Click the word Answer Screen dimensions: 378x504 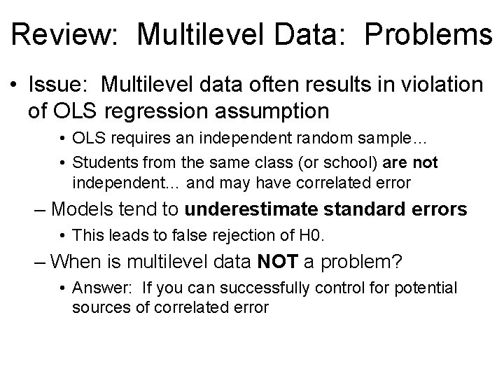[x=99, y=288]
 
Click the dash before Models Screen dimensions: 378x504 [x=41, y=209]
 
